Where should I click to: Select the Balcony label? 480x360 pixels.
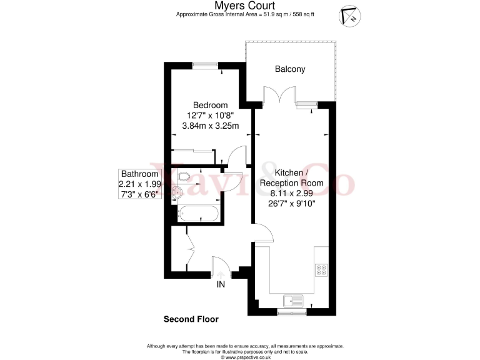click(290, 69)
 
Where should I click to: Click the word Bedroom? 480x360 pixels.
click(210, 105)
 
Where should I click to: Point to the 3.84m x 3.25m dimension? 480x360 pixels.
click(210, 126)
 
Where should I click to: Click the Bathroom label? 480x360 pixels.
click(140, 174)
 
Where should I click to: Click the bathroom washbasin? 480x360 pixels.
click(177, 193)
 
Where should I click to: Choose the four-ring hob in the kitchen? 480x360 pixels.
click(322, 269)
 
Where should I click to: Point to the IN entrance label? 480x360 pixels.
click(220, 285)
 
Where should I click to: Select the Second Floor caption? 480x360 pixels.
click(191, 319)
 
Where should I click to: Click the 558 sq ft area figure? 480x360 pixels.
click(302, 14)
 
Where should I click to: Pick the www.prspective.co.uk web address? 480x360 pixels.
click(245, 357)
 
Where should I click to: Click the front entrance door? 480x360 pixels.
click(221, 267)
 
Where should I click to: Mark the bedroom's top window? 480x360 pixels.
click(201, 63)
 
